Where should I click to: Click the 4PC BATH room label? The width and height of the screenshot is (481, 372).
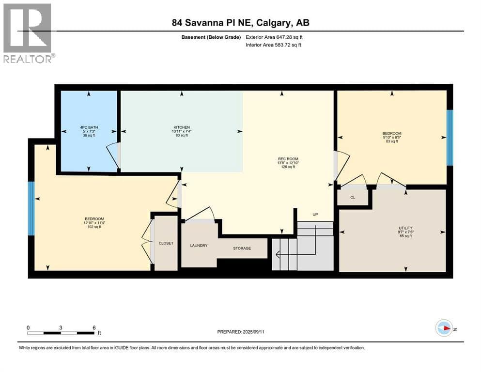(x=89, y=127)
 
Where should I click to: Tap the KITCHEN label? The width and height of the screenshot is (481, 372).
(x=182, y=127)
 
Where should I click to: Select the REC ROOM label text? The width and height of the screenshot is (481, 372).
(x=288, y=159)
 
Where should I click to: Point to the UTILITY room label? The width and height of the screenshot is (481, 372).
(x=405, y=228)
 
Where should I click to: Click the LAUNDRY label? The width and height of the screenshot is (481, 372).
(x=199, y=246)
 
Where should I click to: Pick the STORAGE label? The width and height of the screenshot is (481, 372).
(x=242, y=248)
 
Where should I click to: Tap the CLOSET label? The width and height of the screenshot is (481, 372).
(x=166, y=243)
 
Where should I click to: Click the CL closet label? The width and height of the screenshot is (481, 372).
(x=353, y=198)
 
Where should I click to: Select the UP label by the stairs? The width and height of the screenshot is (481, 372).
(x=315, y=215)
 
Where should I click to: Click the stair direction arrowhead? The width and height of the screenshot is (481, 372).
(x=278, y=255)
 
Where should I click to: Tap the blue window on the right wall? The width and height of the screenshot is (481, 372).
(x=450, y=138)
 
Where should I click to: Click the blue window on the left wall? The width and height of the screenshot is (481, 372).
(x=31, y=209)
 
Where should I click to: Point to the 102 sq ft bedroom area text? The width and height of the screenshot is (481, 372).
(x=94, y=227)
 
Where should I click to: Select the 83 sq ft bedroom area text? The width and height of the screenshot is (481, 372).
(x=392, y=141)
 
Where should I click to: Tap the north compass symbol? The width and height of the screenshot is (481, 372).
(x=444, y=328)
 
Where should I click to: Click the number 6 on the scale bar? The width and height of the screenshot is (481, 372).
(x=94, y=327)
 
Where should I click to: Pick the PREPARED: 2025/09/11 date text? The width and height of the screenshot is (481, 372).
(x=241, y=332)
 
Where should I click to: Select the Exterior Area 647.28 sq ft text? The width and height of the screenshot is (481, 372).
(x=274, y=37)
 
